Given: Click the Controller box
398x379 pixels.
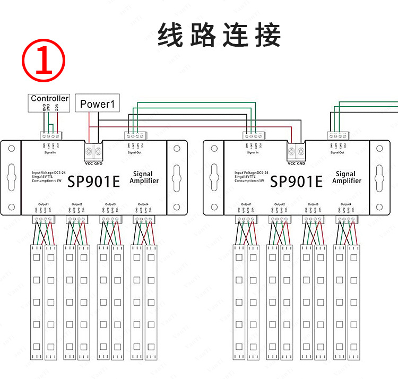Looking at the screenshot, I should point(49,99).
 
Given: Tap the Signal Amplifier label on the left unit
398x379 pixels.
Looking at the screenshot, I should point(144,177).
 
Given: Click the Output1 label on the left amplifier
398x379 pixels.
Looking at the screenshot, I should point(44,204).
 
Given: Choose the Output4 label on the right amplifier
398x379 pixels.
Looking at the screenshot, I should point(345,204).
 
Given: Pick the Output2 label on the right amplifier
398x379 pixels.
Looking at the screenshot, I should point(279,204).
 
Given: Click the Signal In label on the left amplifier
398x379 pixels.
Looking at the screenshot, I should point(50,153).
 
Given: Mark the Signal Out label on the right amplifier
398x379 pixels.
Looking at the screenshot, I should point(338,153).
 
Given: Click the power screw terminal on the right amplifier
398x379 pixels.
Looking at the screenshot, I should point(296,151).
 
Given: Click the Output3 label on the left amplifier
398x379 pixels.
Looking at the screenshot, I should point(110,204).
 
